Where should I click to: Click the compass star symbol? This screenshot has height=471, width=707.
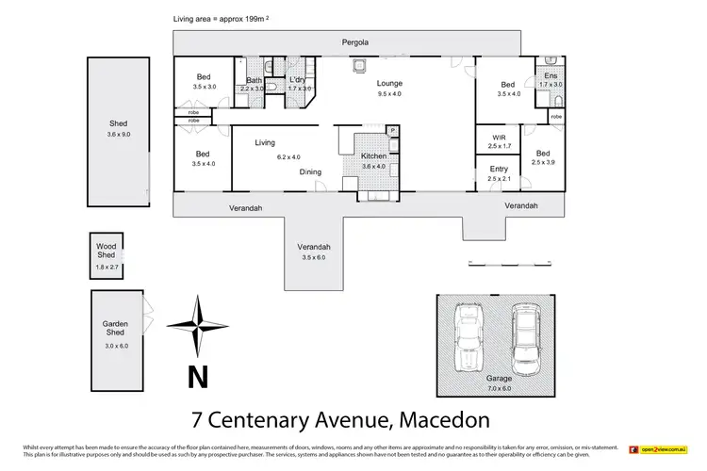(x=197, y=326)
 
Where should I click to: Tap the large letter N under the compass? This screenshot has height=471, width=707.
(x=197, y=377)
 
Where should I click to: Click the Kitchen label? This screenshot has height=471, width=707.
(x=374, y=156)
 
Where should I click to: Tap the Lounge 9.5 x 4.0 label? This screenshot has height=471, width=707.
(x=389, y=88)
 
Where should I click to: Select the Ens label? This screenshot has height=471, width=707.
(x=551, y=76)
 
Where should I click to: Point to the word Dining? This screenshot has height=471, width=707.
(x=312, y=172)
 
